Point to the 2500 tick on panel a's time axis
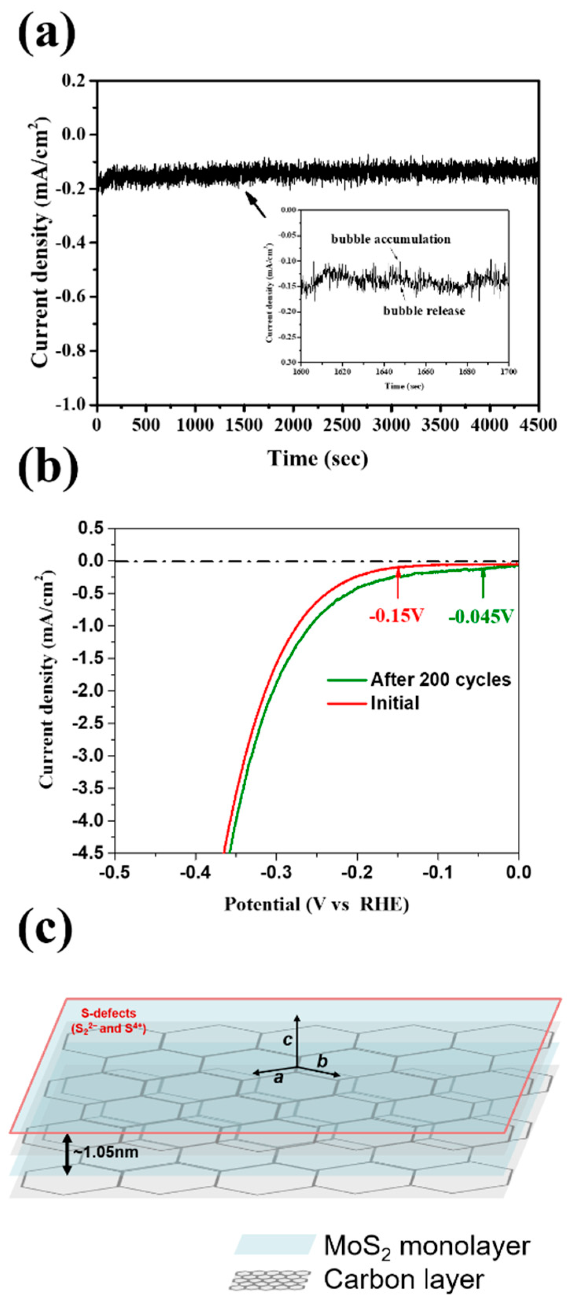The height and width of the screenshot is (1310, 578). point(342,425)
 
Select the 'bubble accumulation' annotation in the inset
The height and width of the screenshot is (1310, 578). point(391,239)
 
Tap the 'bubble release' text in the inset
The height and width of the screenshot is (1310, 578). point(424,310)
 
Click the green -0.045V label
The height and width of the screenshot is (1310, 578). point(481,617)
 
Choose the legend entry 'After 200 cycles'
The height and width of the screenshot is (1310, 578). point(440,679)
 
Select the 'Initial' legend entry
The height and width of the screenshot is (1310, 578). point(395,703)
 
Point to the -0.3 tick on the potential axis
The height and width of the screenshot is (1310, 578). point(276,873)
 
